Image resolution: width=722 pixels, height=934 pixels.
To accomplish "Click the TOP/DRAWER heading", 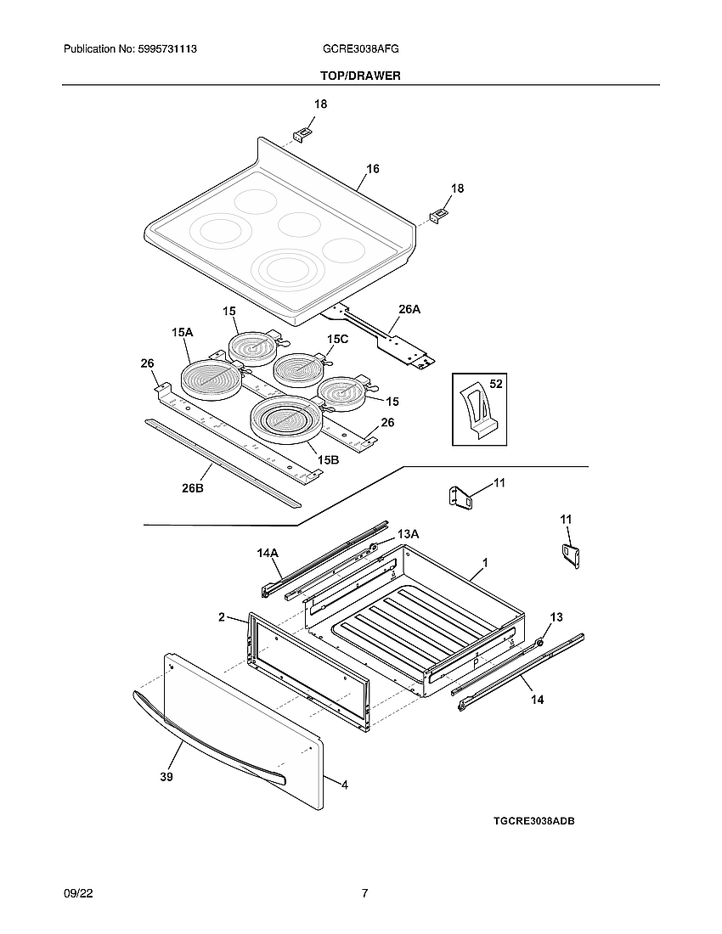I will (360, 76).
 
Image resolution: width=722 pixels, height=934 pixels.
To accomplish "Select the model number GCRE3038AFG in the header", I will (361, 50).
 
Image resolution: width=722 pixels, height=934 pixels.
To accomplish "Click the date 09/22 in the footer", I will (76, 893).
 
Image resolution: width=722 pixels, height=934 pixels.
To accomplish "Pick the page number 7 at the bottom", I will (364, 893).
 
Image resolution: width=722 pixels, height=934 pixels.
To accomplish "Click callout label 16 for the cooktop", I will (372, 169).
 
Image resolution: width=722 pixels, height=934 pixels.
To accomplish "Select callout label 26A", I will (409, 309).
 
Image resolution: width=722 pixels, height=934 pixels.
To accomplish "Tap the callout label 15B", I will (328, 459).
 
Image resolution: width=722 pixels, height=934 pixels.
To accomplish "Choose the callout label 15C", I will (337, 339).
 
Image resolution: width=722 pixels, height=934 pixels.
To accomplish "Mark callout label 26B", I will (193, 489).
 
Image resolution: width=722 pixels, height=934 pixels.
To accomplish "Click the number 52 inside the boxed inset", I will (496, 385).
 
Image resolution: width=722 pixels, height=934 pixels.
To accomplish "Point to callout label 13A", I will (409, 533).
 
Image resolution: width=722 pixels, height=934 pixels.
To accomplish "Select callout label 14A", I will (268, 553).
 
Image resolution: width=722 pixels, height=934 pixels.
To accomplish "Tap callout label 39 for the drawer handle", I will (166, 776).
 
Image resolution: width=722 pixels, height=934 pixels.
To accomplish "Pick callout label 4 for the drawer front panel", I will (344, 785).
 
